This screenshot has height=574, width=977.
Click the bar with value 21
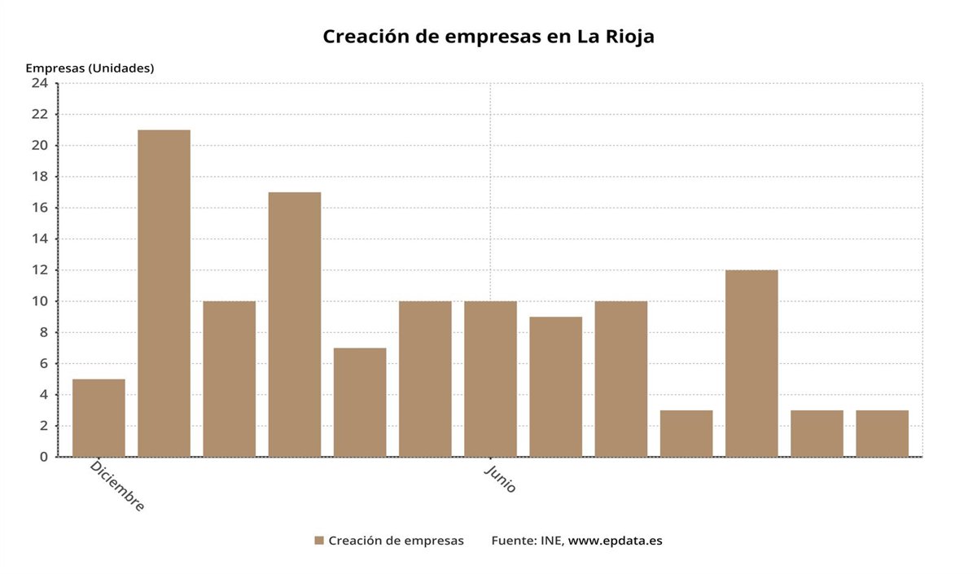pyautogui.click(x=164, y=293)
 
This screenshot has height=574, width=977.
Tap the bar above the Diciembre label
pyautogui.click(x=99, y=418)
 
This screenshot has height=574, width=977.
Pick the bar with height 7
pyautogui.click(x=360, y=402)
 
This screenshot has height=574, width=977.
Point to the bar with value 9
pyautogui.click(x=556, y=387)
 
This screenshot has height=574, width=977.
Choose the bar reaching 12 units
pyautogui.click(x=751, y=363)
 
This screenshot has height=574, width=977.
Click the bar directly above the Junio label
pyautogui.click(x=490, y=379)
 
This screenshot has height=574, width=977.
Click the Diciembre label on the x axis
pyautogui.click(x=117, y=486)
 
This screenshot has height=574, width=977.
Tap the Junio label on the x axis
pyautogui.click(x=500, y=479)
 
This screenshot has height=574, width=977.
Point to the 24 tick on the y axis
pyautogui.click(x=40, y=83)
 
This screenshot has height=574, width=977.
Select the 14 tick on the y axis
pyautogui.click(x=40, y=239)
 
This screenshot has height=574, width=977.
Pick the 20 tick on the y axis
pyautogui.click(x=40, y=146)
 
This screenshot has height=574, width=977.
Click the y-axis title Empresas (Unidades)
pyautogui.click(x=90, y=68)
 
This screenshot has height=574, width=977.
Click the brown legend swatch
pyautogui.click(x=319, y=541)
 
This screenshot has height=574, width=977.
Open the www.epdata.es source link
pyautogui.click(x=615, y=541)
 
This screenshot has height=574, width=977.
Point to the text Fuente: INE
pyautogui.click(x=526, y=541)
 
